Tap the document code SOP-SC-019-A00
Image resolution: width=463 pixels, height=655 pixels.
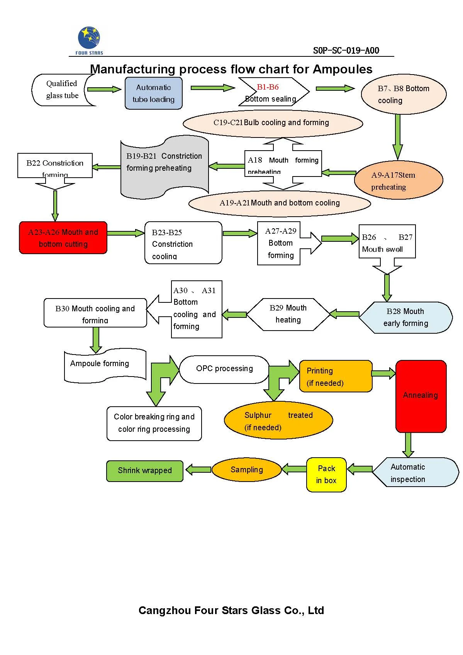pyautogui.click(x=346, y=51)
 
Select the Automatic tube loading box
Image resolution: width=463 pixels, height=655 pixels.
pyautogui.click(x=153, y=93)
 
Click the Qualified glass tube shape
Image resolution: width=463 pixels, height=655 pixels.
pyautogui.click(x=63, y=90)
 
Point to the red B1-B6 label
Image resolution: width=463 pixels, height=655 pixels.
pyautogui.click(x=268, y=87)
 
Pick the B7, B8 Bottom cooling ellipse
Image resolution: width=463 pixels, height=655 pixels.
pyautogui.click(x=403, y=94)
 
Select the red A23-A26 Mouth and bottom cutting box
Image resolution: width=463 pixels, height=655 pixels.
pyautogui.click(x=63, y=238)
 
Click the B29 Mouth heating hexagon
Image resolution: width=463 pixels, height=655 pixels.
pyautogui.click(x=288, y=314)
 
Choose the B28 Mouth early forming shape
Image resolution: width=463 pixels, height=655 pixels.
pyautogui.click(x=405, y=317)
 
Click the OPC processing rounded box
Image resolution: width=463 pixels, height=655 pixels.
pyautogui.click(x=224, y=369)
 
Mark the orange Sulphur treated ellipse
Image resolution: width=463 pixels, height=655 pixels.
pyautogui.click(x=278, y=421)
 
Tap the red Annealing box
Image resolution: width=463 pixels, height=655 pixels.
pyautogui.click(x=421, y=395)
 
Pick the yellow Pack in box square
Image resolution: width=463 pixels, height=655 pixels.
pyautogui.click(x=326, y=474)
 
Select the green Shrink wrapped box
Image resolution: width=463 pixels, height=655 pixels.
pyautogui.click(x=145, y=471)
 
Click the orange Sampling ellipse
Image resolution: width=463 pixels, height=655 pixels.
pyautogui.click(x=246, y=470)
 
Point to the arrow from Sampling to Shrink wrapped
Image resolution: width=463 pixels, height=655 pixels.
pyautogui.click(x=198, y=470)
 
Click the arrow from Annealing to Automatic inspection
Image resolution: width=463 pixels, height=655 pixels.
pyautogui.click(x=408, y=445)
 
